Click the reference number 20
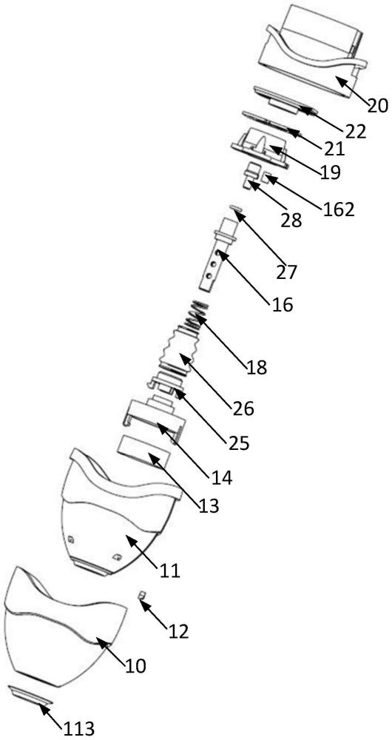pyautogui.click(x=377, y=105)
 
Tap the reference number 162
pyautogui.click(x=337, y=209)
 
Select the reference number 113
pyautogui.click(x=78, y=727)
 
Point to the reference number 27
pyautogui.click(x=286, y=272)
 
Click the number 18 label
pyautogui.click(x=255, y=366)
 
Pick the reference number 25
pyautogui.click(x=238, y=443)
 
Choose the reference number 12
pyautogui.click(x=178, y=630)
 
